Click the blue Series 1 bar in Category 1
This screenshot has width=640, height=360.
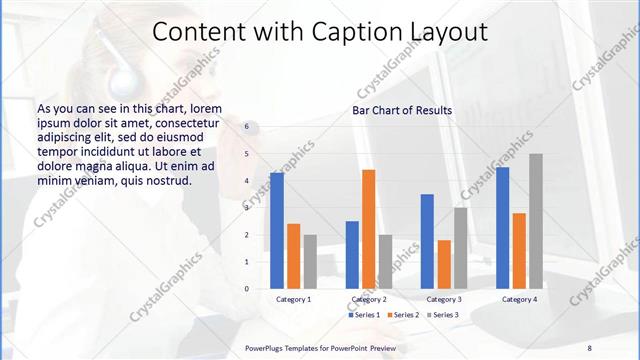pos(277,231)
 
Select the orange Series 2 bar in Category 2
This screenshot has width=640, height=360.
pos(368,229)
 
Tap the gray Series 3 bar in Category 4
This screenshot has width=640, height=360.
pos(536,221)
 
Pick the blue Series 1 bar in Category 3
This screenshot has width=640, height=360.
pos(427,241)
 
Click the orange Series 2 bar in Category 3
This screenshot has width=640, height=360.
pos(444,264)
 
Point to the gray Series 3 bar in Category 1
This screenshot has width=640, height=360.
pos(310,262)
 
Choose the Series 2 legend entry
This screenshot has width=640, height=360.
pos(402,315)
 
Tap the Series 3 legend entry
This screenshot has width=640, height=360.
pos(442,315)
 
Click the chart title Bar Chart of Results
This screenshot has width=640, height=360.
pos(401,110)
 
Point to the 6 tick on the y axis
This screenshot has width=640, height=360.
pos(246,128)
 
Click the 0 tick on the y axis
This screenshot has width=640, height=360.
pos(246,289)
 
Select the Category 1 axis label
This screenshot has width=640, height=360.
pos(293,299)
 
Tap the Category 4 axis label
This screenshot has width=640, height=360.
pos(519,299)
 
